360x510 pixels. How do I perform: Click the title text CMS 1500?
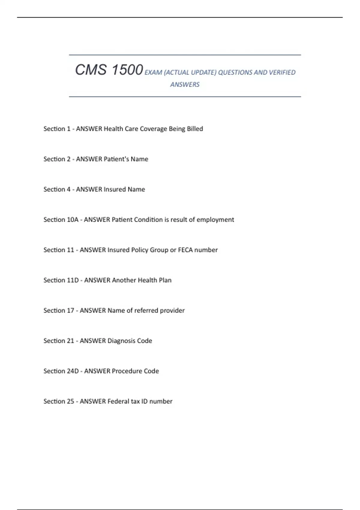point(109,70)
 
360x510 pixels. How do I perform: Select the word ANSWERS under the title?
point(185,85)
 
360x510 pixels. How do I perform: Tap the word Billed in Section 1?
point(195,129)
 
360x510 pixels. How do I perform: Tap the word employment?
point(215,220)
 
